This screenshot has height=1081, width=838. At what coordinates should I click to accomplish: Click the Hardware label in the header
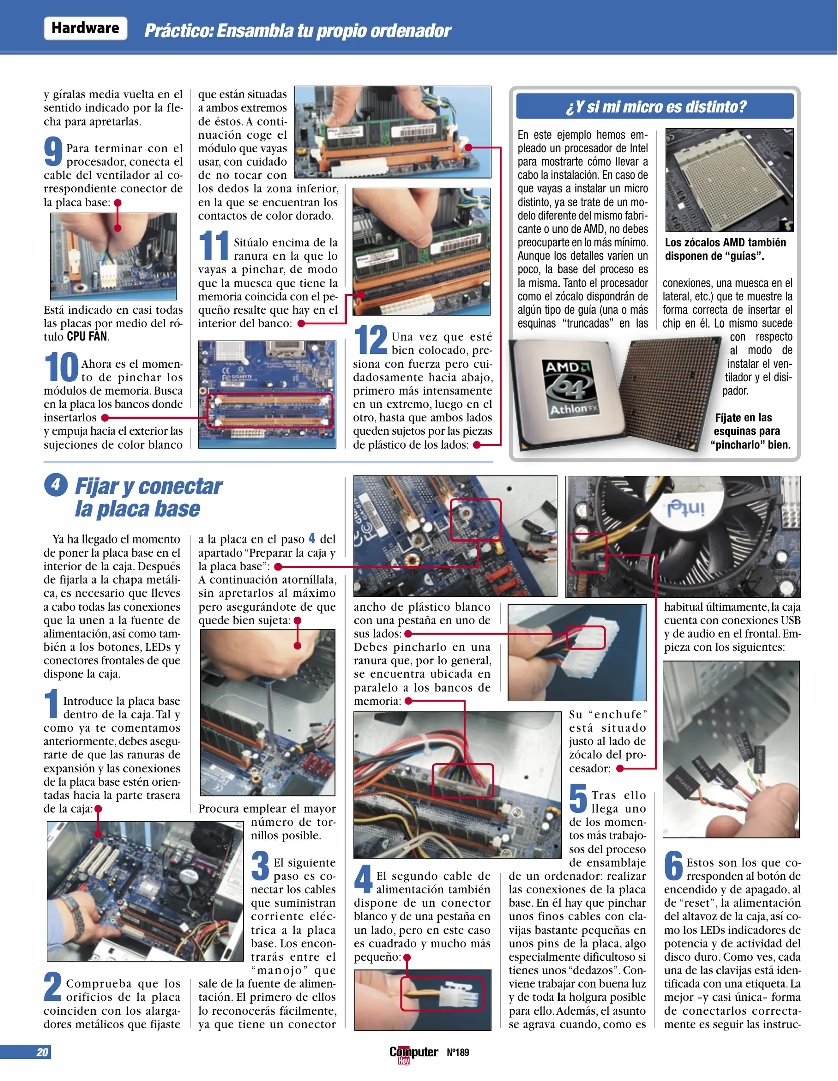point(85,28)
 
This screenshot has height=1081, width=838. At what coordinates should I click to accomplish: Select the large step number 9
point(53,152)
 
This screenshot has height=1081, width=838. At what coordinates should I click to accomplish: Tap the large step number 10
point(61,367)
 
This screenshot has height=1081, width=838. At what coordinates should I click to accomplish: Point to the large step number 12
point(371,340)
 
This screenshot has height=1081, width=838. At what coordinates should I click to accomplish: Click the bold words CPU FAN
point(87,336)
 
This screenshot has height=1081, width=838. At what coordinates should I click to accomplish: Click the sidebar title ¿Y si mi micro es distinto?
point(655,107)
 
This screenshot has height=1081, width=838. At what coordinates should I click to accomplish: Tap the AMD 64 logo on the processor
point(570,387)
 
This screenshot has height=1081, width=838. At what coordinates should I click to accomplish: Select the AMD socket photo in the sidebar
point(729,180)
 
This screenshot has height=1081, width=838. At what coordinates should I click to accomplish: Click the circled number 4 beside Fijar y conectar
point(56,484)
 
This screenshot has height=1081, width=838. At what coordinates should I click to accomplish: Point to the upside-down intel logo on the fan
point(685,508)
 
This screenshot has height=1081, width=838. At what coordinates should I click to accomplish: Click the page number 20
point(42,1052)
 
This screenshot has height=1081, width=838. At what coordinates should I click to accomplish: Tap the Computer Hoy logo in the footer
point(413,1053)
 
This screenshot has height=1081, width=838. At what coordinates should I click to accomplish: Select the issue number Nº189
point(458,1052)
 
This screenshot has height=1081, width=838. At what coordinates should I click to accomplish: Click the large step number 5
point(578,799)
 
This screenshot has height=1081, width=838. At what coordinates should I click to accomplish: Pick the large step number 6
point(673,866)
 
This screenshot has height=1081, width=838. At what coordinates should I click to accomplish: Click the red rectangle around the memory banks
point(270,410)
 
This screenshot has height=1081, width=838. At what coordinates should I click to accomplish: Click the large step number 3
point(260,866)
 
